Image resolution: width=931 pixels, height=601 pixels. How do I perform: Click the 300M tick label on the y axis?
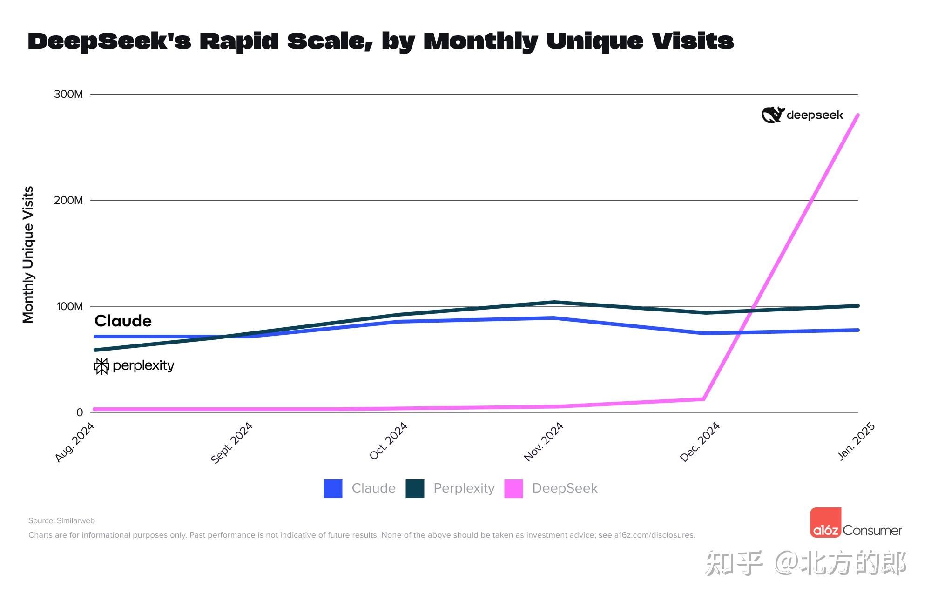tap(68, 94)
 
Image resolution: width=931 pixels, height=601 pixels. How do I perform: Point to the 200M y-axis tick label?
tap(68, 200)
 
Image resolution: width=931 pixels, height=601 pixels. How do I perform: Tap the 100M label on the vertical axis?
tap(69, 306)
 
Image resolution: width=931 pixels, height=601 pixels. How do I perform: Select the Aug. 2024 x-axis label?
tap(75, 442)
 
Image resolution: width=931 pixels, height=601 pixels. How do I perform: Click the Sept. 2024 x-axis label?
tap(231, 443)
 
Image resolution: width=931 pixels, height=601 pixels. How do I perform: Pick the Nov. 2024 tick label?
tap(543, 442)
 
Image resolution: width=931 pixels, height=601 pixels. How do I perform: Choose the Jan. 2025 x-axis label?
tap(856, 441)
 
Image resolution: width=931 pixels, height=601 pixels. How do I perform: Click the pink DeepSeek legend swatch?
tap(513, 488)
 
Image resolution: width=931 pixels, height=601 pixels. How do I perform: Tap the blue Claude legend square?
tap(333, 488)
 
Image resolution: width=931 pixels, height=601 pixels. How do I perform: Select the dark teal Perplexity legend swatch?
tap(415, 488)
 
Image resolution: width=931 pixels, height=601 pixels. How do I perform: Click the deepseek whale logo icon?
tap(773, 115)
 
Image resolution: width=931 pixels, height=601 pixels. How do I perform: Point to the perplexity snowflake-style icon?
tap(101, 366)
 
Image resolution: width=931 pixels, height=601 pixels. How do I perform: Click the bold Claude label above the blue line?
tap(123, 321)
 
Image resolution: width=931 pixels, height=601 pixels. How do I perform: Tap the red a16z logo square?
tap(825, 522)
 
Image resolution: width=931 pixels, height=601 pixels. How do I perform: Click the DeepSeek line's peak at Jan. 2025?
tap(857, 115)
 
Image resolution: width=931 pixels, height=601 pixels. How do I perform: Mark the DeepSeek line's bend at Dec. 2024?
tap(704, 399)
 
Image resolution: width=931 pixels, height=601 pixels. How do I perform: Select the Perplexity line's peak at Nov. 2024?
tap(554, 302)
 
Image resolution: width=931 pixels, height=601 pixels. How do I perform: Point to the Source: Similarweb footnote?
tap(61, 520)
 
